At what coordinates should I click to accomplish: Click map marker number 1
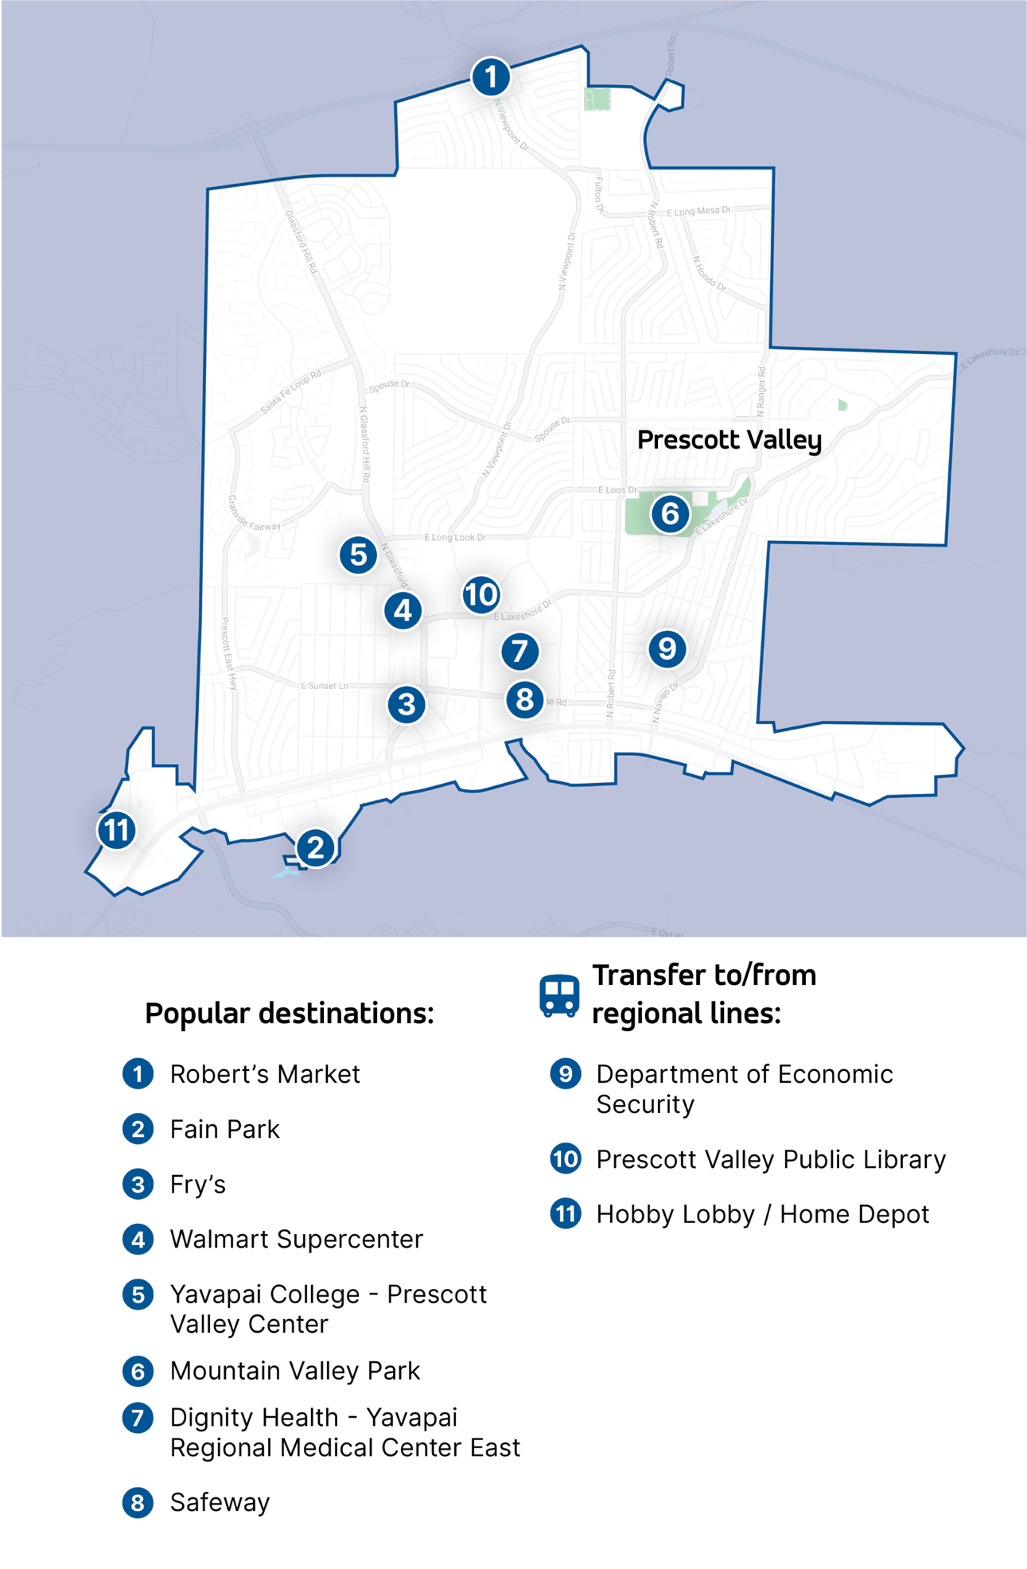coord(491,77)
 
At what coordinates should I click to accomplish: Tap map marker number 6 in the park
coord(670,514)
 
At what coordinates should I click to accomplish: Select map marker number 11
coord(117,830)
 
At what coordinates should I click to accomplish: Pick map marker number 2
coord(316,847)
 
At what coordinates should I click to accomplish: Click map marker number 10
coord(481,594)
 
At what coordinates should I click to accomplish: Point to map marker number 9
coord(667,649)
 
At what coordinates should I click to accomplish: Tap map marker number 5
coord(358,555)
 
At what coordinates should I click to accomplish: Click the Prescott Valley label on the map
coord(729,440)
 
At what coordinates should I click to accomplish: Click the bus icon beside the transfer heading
coord(559,995)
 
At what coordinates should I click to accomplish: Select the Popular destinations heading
coord(290,1014)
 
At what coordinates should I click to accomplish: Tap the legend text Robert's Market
coord(265,1074)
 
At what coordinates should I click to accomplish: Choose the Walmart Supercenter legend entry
coord(296,1239)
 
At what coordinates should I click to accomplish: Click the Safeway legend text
coord(220,1502)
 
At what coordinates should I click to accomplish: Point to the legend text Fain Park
coord(224,1129)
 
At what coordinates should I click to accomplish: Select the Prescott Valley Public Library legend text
coord(770,1159)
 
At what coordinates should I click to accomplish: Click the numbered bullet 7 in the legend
coord(138,1418)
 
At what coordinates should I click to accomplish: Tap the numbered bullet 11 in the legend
coord(566,1214)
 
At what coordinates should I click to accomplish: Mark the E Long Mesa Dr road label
coord(698,212)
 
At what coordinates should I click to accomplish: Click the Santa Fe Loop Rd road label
coord(291,392)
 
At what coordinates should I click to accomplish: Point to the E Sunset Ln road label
coord(324,685)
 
